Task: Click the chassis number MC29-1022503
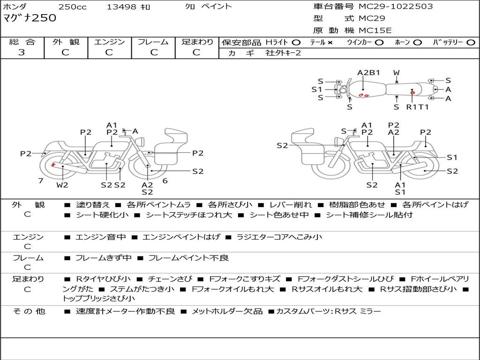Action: [396, 7]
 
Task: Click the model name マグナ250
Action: [30, 18]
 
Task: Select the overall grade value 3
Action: [22, 52]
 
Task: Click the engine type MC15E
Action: [375, 30]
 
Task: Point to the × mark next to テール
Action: [330, 43]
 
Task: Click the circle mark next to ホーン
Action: [417, 43]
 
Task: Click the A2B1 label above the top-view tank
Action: [368, 73]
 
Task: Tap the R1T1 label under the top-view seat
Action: [417, 107]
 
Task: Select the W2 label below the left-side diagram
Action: [62, 185]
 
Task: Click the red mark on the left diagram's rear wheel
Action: [53, 165]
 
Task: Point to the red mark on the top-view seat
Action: [412, 92]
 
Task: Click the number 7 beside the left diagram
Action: [41, 181]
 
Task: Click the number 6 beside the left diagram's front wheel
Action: [165, 181]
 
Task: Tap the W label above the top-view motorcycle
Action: [397, 73]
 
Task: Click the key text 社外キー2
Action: [283, 53]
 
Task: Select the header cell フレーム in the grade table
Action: [153, 42]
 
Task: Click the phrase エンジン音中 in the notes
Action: [100, 237]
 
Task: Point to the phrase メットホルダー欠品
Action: [227, 312]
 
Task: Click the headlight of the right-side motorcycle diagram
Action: [338, 142]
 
